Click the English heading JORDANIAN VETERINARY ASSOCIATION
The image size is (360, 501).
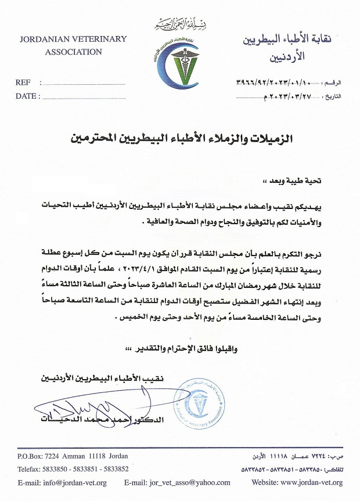(x=73, y=45)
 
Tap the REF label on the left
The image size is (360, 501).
(x=23, y=83)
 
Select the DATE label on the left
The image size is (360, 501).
(x=26, y=96)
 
